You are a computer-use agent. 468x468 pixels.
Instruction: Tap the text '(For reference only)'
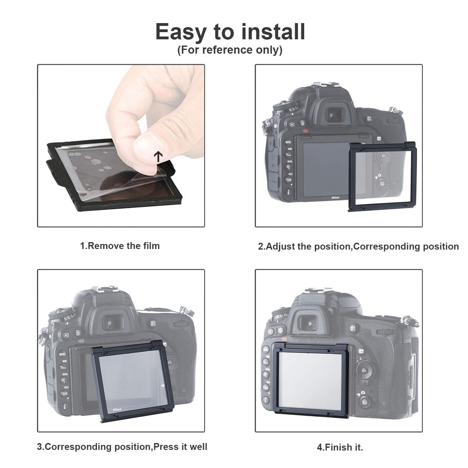(230, 50)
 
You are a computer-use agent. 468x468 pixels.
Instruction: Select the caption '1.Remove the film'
(120, 246)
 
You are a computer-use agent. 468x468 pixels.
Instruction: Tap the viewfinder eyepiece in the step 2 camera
(331, 116)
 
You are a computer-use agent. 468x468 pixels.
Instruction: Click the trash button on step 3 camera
(77, 334)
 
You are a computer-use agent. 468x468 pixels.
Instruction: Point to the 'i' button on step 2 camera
(289, 192)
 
